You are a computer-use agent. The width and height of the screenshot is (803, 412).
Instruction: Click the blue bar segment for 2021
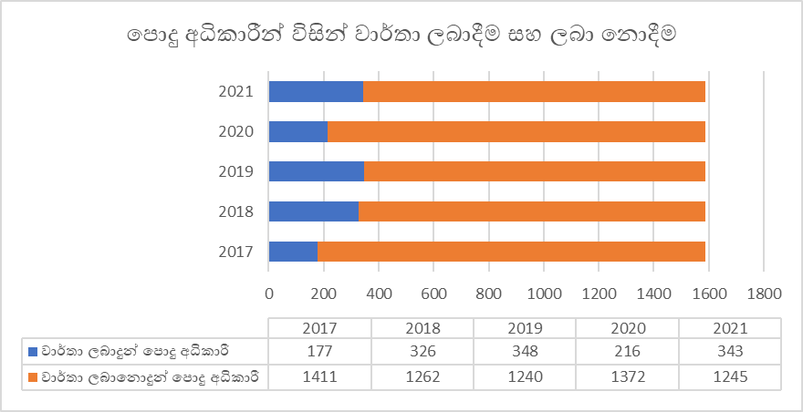[x=316, y=91]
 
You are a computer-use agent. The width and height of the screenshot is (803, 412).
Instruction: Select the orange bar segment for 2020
[x=516, y=131]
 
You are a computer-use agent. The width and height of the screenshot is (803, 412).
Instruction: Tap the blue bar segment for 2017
[x=293, y=252]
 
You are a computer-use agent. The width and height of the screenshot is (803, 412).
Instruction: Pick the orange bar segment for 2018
[x=532, y=211]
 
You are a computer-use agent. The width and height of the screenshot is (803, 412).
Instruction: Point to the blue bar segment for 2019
[x=317, y=171]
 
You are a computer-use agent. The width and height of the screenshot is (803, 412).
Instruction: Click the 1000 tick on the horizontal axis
[x=544, y=294]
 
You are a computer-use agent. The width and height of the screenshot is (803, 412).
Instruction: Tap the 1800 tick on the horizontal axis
[x=764, y=294]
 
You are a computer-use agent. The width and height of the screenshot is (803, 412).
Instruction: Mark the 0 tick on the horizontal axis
[x=268, y=294]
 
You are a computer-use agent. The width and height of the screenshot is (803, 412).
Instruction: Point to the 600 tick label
[x=433, y=294]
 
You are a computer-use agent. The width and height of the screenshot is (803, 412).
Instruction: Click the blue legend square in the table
[x=35, y=350]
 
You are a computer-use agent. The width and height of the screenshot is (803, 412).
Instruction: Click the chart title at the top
[x=401, y=36]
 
